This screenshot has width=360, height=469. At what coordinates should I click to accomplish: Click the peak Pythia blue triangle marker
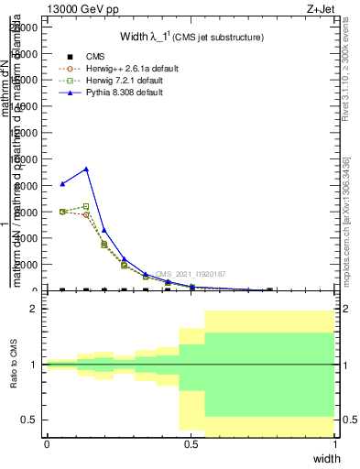[x=86, y=169]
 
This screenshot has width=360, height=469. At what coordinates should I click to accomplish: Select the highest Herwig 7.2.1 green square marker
[x=86, y=206]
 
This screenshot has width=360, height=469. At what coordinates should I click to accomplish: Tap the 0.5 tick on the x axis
[x=191, y=443]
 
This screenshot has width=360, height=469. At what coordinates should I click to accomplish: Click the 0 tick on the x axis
[x=47, y=443]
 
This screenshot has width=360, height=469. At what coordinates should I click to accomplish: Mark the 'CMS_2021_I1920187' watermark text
[x=190, y=274]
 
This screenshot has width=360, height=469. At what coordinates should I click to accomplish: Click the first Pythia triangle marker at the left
[x=62, y=184]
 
